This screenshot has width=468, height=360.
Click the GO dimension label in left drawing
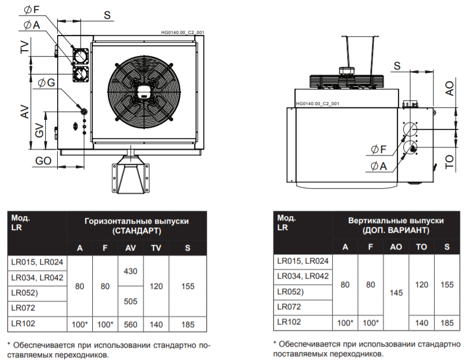44,161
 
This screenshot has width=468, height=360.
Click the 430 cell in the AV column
130,271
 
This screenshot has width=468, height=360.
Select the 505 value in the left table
130,301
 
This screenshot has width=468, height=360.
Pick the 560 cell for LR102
130,324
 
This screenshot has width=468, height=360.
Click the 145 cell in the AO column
396,294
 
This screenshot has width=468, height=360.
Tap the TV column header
156,248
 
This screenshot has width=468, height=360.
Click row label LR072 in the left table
22,309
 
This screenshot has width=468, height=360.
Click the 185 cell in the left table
188,324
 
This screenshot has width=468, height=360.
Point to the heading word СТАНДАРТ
137,231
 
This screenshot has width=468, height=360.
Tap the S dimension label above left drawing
107,16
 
